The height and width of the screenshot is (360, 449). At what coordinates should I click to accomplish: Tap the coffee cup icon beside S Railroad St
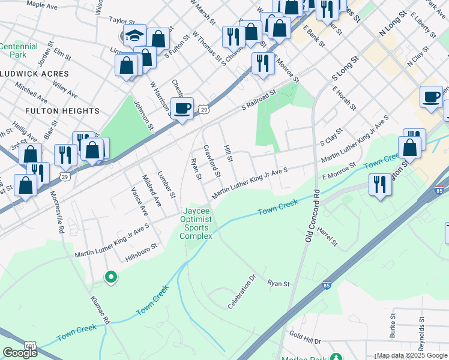(x=182, y=109)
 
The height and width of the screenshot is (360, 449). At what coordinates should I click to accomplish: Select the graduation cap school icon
(x=134, y=35)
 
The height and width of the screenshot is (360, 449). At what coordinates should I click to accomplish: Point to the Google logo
(x=20, y=353)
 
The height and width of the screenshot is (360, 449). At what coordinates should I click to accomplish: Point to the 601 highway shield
(x=30, y=346)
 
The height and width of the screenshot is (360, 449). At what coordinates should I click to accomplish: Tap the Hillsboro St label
(x=141, y=253)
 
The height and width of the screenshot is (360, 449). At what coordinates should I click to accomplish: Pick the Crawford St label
(x=212, y=160)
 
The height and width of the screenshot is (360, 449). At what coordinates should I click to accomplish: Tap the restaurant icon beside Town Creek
(x=380, y=184)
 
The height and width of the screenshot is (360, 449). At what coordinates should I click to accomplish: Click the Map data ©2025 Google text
(x=412, y=355)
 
